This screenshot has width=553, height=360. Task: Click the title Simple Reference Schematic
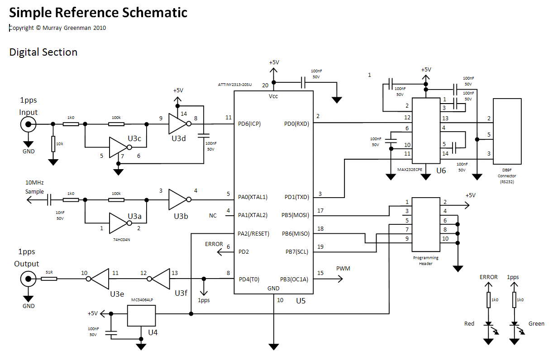point(98,13)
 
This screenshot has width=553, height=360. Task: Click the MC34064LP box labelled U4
point(141,316)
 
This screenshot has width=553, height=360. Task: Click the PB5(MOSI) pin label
point(296,215)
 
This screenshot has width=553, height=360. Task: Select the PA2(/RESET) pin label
point(253,234)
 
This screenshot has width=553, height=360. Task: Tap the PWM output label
point(343,269)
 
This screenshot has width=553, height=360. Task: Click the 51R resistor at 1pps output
point(49,279)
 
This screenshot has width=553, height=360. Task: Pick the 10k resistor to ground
point(53,143)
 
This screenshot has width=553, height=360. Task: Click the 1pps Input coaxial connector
point(28,124)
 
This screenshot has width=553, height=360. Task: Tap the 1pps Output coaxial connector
point(28,279)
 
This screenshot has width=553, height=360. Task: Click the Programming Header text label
point(426,261)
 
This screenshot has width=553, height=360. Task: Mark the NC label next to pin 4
point(213,215)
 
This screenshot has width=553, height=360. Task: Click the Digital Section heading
point(43,52)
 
